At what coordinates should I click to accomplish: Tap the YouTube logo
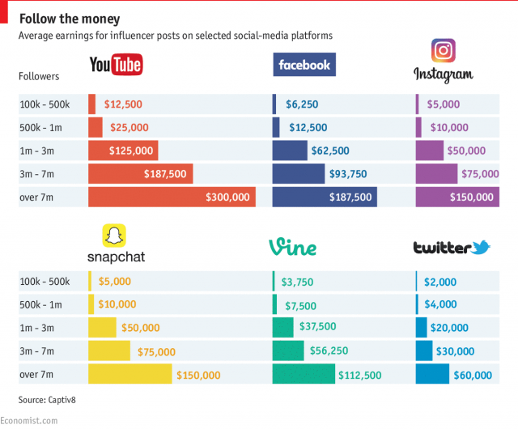[x=115, y=66]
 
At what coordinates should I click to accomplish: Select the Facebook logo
[x=304, y=65]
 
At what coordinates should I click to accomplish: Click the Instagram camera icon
[x=443, y=51]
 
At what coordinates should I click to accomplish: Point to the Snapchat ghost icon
[x=116, y=236]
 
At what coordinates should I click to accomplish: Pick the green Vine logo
[x=292, y=247]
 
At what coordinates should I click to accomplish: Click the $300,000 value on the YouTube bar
[x=228, y=197]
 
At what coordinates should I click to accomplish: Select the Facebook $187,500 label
[x=350, y=197]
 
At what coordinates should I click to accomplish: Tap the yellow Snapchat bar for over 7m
[x=129, y=374]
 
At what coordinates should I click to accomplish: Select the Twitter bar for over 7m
[x=431, y=374]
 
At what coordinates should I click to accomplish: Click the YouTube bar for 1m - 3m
[x=123, y=151]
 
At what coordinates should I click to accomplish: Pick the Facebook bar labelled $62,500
[x=290, y=151]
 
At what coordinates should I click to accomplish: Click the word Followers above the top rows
[x=39, y=76]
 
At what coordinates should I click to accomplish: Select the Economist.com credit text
[x=29, y=420]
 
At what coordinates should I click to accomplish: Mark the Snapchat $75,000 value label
[x=155, y=351]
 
